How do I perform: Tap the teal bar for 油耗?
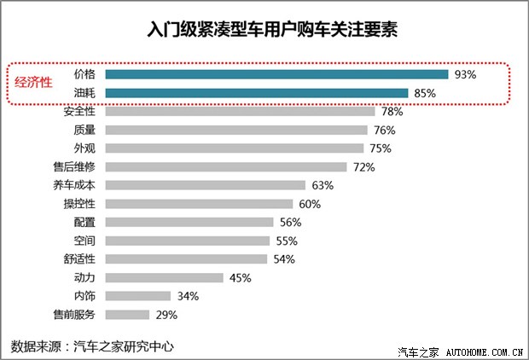(256, 93)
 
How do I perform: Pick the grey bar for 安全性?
(239, 112)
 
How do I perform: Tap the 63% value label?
(323, 185)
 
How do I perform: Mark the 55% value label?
(287, 241)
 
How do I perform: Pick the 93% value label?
(465, 75)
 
